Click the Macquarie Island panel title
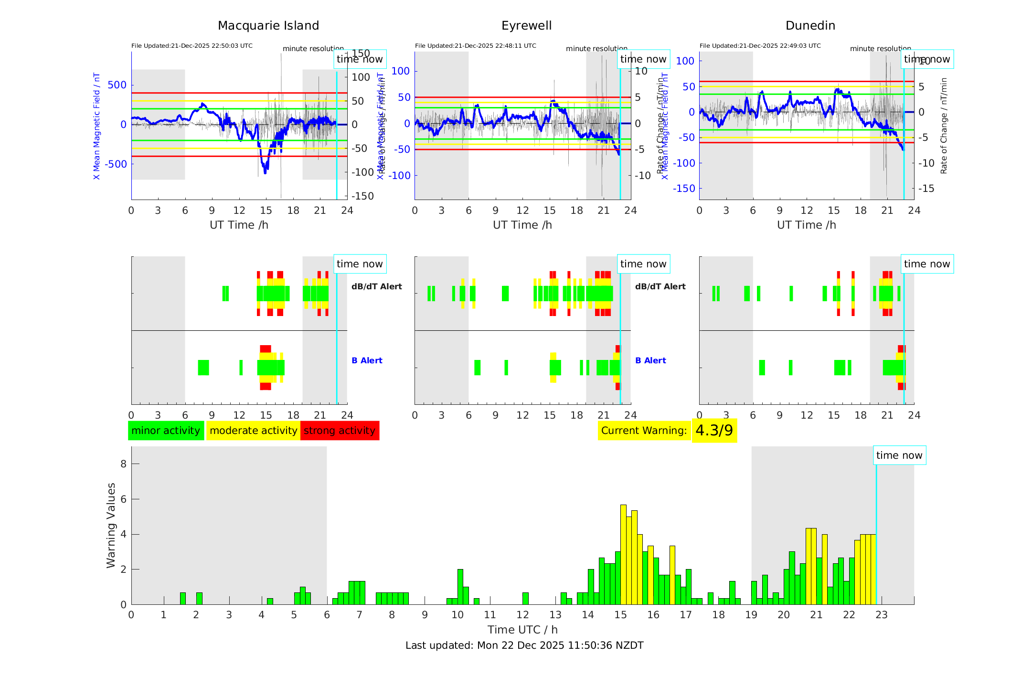coord(268,26)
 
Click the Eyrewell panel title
coord(526,26)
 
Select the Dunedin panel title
coord(810,26)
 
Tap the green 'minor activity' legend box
coord(166,431)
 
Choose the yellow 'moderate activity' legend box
coord(253,431)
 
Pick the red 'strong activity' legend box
coord(340,431)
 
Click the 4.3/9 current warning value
coord(714,431)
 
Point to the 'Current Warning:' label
coord(644,431)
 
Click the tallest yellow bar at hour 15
coord(623,554)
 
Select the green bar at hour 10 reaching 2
coord(460,586)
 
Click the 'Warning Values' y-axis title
coord(111,525)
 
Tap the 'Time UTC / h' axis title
coord(522,630)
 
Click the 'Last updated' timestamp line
coord(524,645)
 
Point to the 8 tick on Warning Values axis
coord(124,464)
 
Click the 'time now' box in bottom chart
coord(899,455)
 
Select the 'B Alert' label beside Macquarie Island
coord(367,360)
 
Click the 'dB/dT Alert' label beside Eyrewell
coord(660,286)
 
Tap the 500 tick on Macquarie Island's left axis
coord(117,85)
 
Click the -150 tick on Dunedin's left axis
coord(684,189)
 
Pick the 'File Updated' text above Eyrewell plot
coord(475,46)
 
